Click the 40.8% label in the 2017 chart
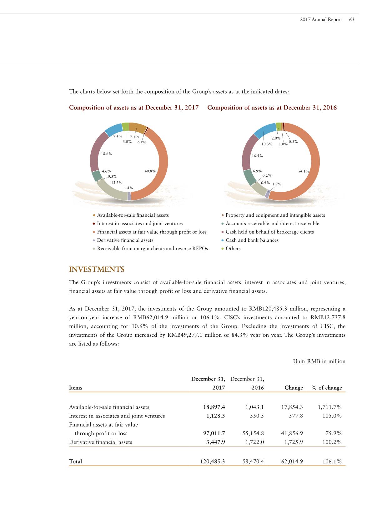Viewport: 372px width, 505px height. click(x=150, y=171)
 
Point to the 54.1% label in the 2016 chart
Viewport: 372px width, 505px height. click(x=304, y=171)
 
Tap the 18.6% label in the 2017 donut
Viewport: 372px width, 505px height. click(x=107, y=154)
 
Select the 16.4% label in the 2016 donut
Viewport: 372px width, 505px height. click(x=257, y=156)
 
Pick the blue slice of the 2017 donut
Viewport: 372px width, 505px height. click(x=113, y=129)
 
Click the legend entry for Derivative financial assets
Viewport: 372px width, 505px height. click(x=125, y=240)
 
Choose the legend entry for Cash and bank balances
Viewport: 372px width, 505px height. click(x=252, y=240)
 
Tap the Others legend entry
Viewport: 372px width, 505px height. click(x=233, y=249)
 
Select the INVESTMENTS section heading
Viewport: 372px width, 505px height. click(x=97, y=269)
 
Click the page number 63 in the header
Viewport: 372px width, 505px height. click(x=352, y=19)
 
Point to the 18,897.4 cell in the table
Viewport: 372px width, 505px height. click(x=214, y=407)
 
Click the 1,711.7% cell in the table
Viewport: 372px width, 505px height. click(x=329, y=407)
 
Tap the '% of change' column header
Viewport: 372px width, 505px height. click(x=327, y=388)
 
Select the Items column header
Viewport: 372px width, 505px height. click(x=76, y=388)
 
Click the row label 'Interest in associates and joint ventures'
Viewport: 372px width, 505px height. click(x=117, y=416)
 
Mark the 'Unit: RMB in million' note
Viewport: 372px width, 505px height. click(x=319, y=361)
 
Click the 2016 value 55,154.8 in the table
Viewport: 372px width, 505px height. click(x=253, y=433)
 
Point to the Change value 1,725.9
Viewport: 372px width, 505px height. click(x=292, y=442)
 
